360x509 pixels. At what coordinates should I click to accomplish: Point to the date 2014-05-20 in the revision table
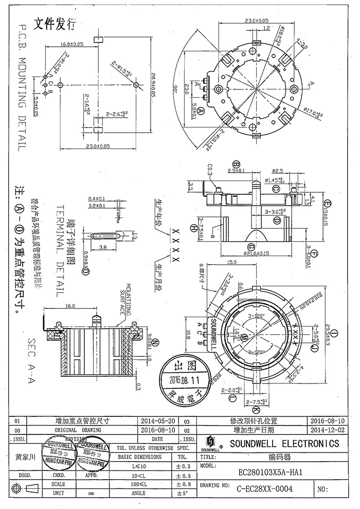click(158, 420)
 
